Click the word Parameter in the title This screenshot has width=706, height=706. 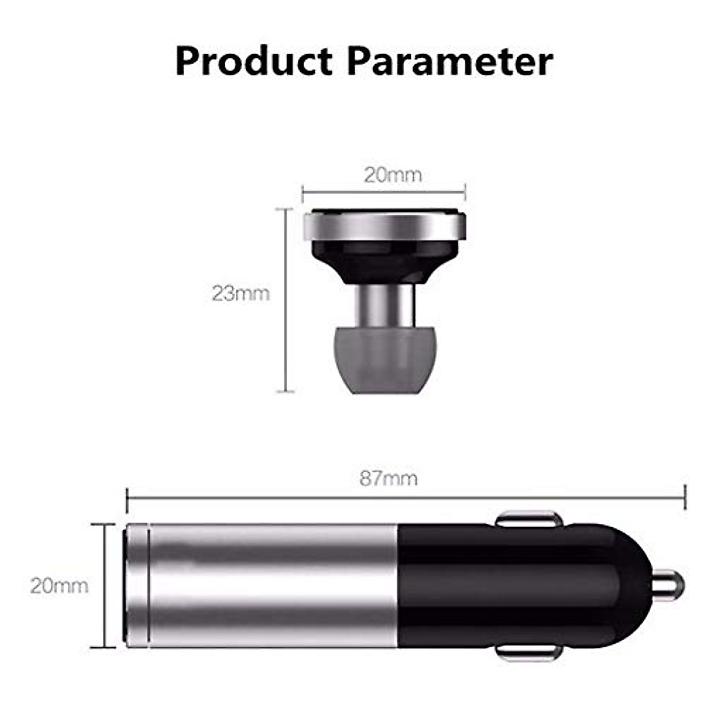(x=450, y=61)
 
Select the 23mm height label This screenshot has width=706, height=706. (x=241, y=293)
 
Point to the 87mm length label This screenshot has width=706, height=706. (x=388, y=478)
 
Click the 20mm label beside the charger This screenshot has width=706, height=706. (x=59, y=585)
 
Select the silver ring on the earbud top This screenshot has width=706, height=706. (x=385, y=227)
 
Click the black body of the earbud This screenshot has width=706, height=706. (x=385, y=262)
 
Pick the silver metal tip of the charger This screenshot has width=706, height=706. (x=670, y=586)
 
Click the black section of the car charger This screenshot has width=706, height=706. (x=518, y=586)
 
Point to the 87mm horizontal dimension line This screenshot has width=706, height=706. (x=406, y=497)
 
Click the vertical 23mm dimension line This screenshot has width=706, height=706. (x=285, y=300)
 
